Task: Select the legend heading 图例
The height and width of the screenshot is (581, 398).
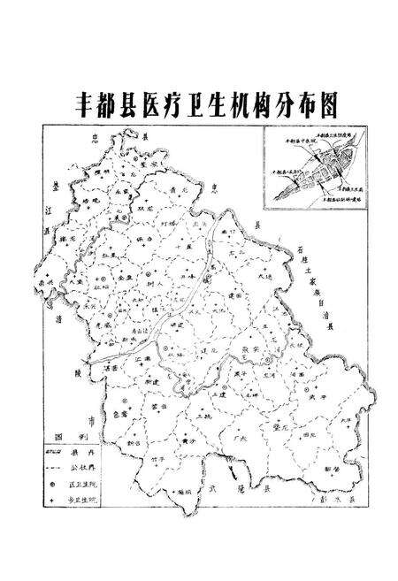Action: (70, 440)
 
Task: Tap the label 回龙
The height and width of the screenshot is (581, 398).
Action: (307, 438)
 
